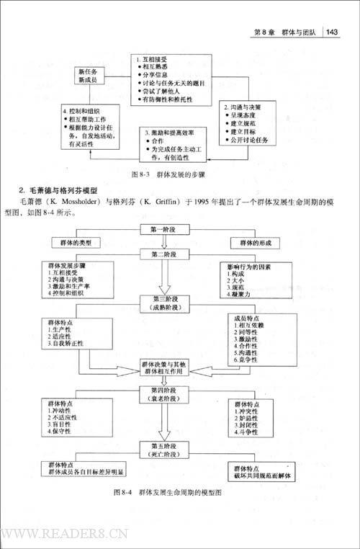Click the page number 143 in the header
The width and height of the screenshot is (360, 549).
tap(333, 31)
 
